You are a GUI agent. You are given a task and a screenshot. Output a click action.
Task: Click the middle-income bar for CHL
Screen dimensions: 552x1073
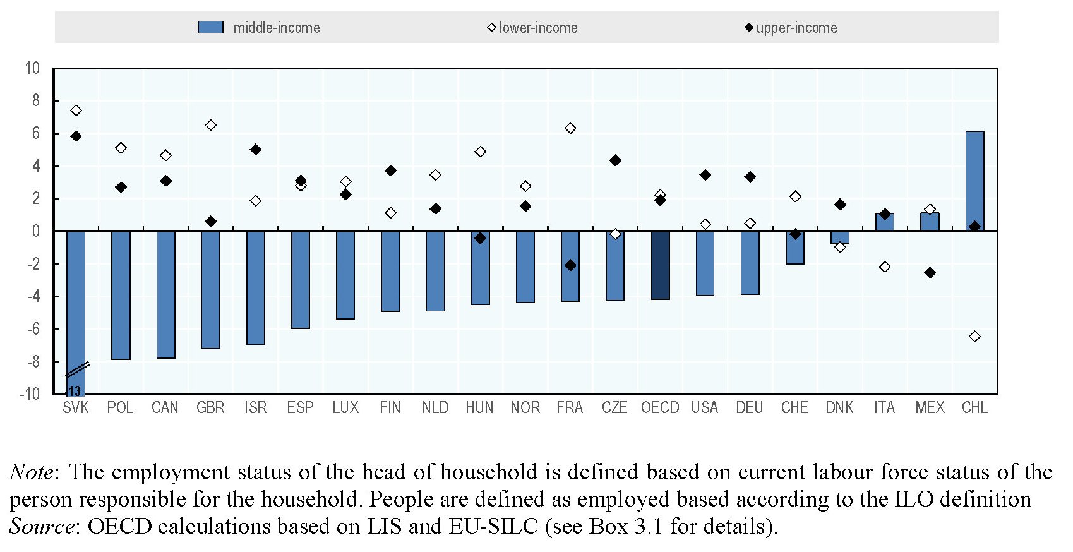tap(974, 181)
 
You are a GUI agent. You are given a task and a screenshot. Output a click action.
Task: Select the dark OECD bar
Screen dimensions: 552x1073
tap(660, 265)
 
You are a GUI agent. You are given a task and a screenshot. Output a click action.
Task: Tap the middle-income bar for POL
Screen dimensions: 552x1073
tap(121, 295)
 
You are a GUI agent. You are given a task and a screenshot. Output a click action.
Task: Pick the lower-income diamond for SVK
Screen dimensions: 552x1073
tap(76, 111)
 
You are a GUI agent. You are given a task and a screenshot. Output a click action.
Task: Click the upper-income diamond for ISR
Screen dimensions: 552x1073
tap(255, 150)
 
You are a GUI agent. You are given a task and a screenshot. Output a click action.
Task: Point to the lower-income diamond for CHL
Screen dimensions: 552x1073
tap(974, 337)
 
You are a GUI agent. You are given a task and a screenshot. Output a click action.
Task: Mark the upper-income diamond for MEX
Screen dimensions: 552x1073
tap(930, 273)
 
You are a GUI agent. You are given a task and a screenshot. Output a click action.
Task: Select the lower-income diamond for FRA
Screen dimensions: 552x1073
tap(570, 128)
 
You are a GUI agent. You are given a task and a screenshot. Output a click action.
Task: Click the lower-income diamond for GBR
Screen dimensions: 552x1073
tap(211, 125)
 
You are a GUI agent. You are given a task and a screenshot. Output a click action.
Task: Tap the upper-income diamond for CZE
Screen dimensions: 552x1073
tap(615, 160)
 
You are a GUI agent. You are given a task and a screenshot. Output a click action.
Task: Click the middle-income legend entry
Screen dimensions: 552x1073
tap(259, 28)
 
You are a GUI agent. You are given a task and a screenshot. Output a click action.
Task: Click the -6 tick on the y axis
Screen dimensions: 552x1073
tap(33, 329)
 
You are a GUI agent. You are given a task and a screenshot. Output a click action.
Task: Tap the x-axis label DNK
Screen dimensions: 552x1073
tap(839, 408)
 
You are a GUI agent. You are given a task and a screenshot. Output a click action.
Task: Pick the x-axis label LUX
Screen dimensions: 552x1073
tap(345, 408)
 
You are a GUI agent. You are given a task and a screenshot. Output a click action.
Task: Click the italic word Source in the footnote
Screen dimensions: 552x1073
tap(42, 526)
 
